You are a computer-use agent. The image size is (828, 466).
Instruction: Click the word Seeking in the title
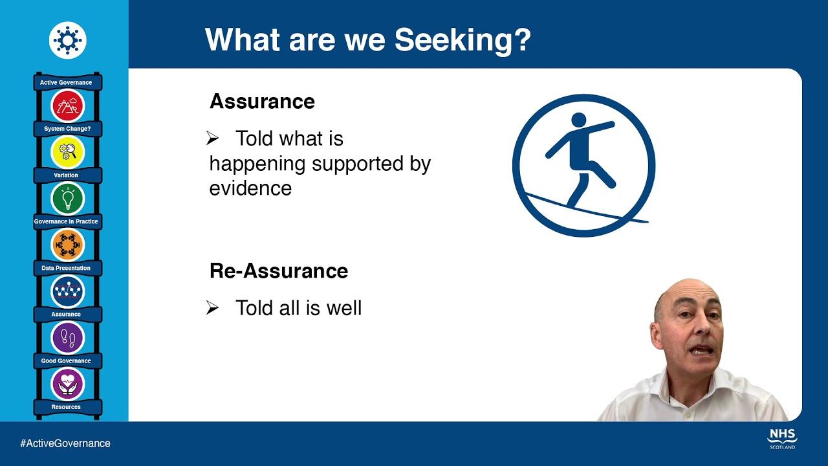click(463, 39)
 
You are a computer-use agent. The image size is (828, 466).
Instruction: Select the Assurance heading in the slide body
click(262, 102)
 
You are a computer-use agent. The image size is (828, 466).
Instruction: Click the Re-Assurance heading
click(279, 271)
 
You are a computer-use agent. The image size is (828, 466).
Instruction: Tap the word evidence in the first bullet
click(250, 188)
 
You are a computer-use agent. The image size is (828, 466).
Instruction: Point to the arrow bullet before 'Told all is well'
click(213, 308)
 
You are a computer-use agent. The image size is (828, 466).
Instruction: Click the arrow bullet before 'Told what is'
click(213, 139)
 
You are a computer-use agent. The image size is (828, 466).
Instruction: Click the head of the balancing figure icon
click(578, 120)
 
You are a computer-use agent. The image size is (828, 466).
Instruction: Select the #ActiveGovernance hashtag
click(65, 443)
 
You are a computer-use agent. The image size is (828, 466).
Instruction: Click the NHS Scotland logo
click(782, 438)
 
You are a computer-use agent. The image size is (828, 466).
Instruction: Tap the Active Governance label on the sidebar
click(66, 83)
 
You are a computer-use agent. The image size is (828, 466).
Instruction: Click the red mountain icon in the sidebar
click(67, 105)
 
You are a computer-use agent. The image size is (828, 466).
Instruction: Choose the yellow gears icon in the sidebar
click(67, 152)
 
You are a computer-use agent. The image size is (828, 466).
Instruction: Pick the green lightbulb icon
click(67, 198)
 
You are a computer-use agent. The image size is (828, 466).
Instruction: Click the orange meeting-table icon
click(67, 245)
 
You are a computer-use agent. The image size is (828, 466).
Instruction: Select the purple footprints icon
click(67, 337)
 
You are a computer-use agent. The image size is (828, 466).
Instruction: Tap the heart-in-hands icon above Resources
click(67, 384)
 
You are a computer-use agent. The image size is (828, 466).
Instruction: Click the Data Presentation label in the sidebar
click(66, 268)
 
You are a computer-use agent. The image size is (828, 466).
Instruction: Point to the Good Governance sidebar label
click(66, 361)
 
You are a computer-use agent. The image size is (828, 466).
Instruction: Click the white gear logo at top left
click(67, 40)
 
